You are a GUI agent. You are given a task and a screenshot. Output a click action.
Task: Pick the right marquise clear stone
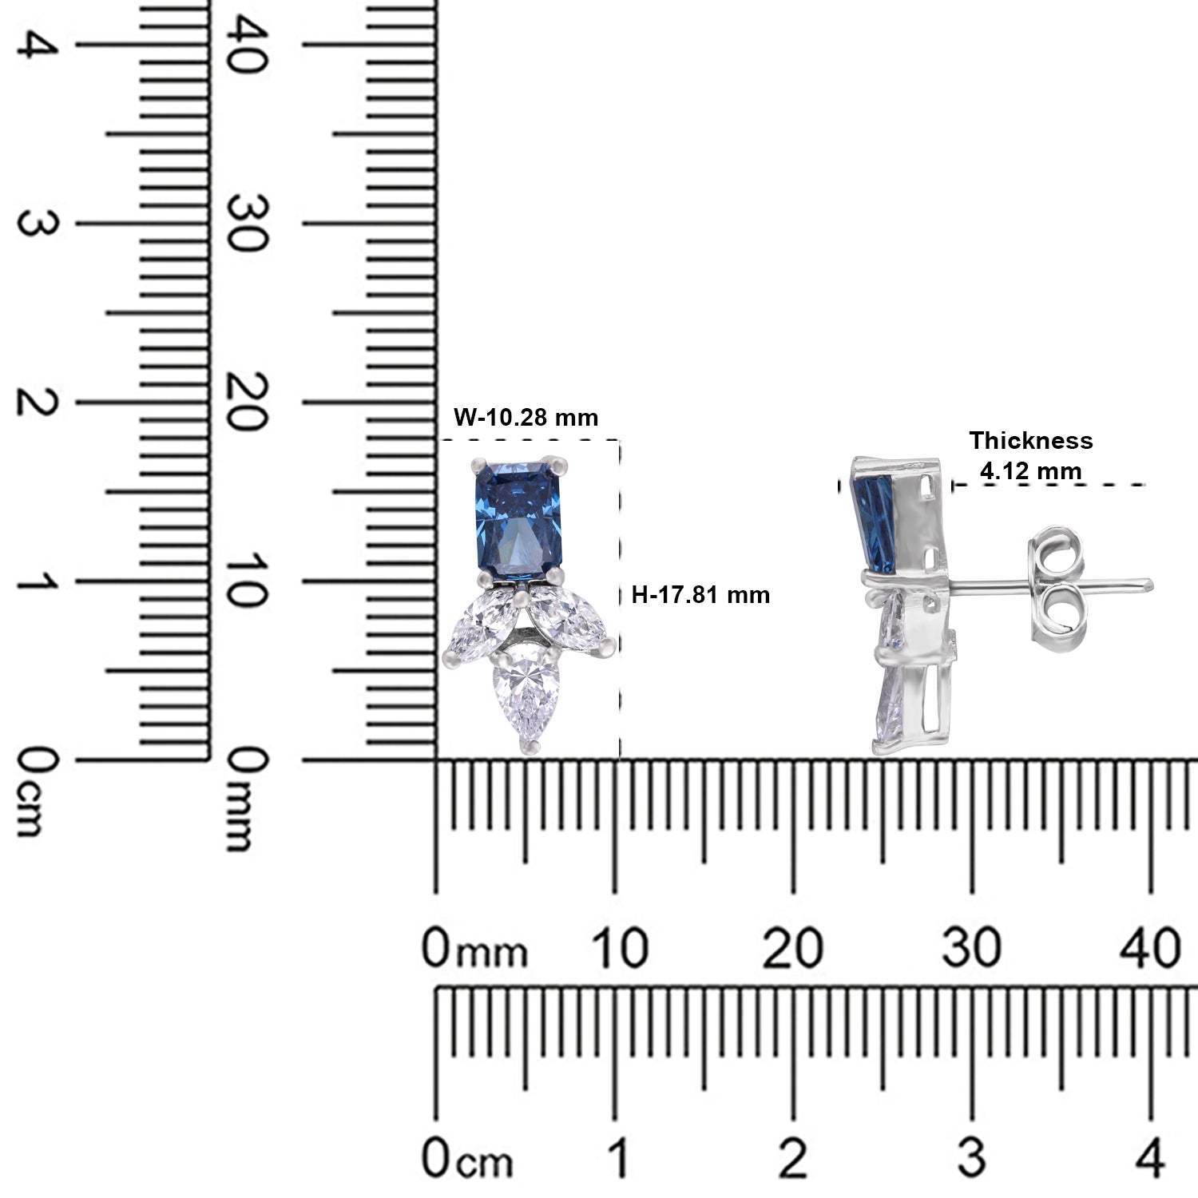(x=569, y=623)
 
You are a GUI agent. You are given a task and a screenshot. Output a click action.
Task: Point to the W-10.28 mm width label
(x=526, y=417)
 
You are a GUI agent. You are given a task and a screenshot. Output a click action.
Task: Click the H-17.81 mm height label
(x=700, y=594)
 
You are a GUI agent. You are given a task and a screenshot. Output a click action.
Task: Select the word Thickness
(x=1030, y=440)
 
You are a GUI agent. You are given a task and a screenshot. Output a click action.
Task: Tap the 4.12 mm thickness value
(x=1030, y=471)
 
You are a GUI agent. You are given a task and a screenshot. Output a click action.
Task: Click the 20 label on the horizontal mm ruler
(x=793, y=950)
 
